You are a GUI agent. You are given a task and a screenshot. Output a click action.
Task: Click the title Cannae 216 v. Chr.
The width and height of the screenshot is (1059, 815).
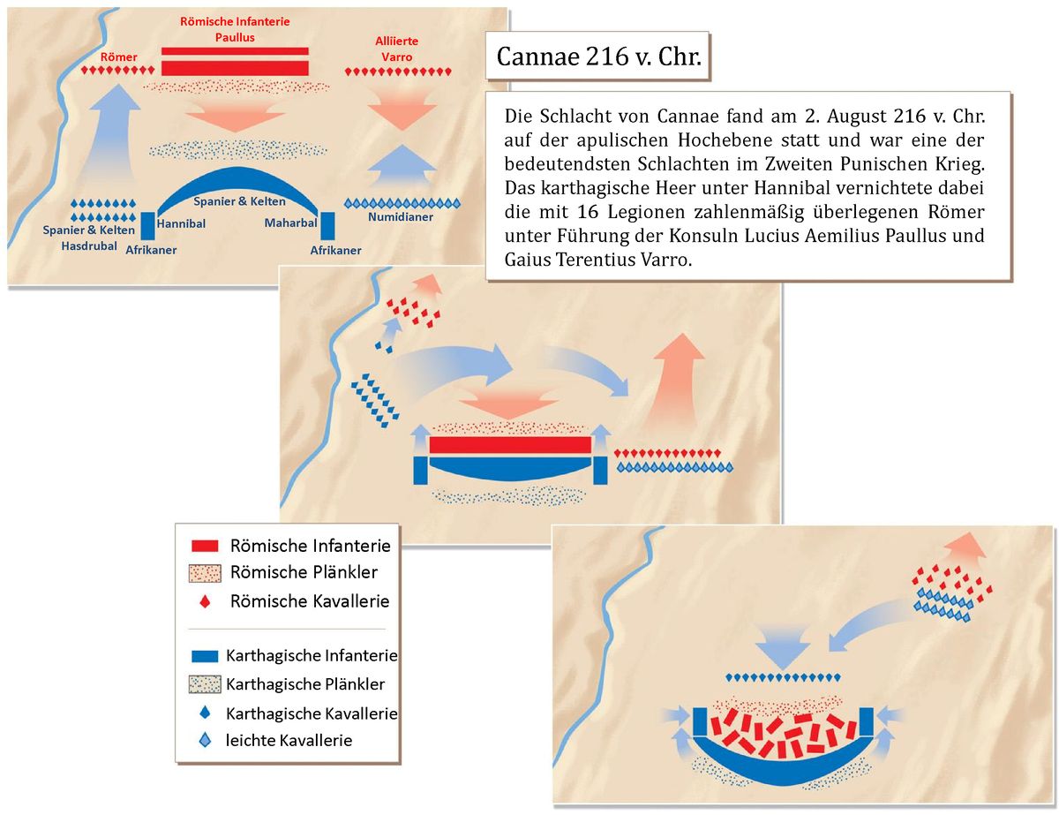point(598,57)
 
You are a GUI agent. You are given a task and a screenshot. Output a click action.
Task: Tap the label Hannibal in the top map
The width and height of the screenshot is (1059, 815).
point(181,224)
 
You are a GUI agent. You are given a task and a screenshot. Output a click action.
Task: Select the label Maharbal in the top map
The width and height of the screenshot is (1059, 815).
point(290,223)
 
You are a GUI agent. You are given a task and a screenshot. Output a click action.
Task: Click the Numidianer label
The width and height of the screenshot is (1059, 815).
point(400,216)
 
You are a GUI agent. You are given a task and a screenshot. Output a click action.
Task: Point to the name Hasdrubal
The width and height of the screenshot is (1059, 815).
point(89,245)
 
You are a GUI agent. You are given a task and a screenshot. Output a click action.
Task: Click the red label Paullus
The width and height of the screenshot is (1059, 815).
point(235,38)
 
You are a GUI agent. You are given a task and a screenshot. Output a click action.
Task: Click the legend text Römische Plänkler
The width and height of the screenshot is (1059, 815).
point(303,572)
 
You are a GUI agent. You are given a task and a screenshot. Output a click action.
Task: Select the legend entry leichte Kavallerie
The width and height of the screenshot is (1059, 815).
point(289,740)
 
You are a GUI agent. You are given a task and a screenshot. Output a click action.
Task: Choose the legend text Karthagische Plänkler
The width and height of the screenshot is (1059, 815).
point(305,684)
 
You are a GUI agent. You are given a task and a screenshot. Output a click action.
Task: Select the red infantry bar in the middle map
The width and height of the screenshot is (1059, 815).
point(510,444)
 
